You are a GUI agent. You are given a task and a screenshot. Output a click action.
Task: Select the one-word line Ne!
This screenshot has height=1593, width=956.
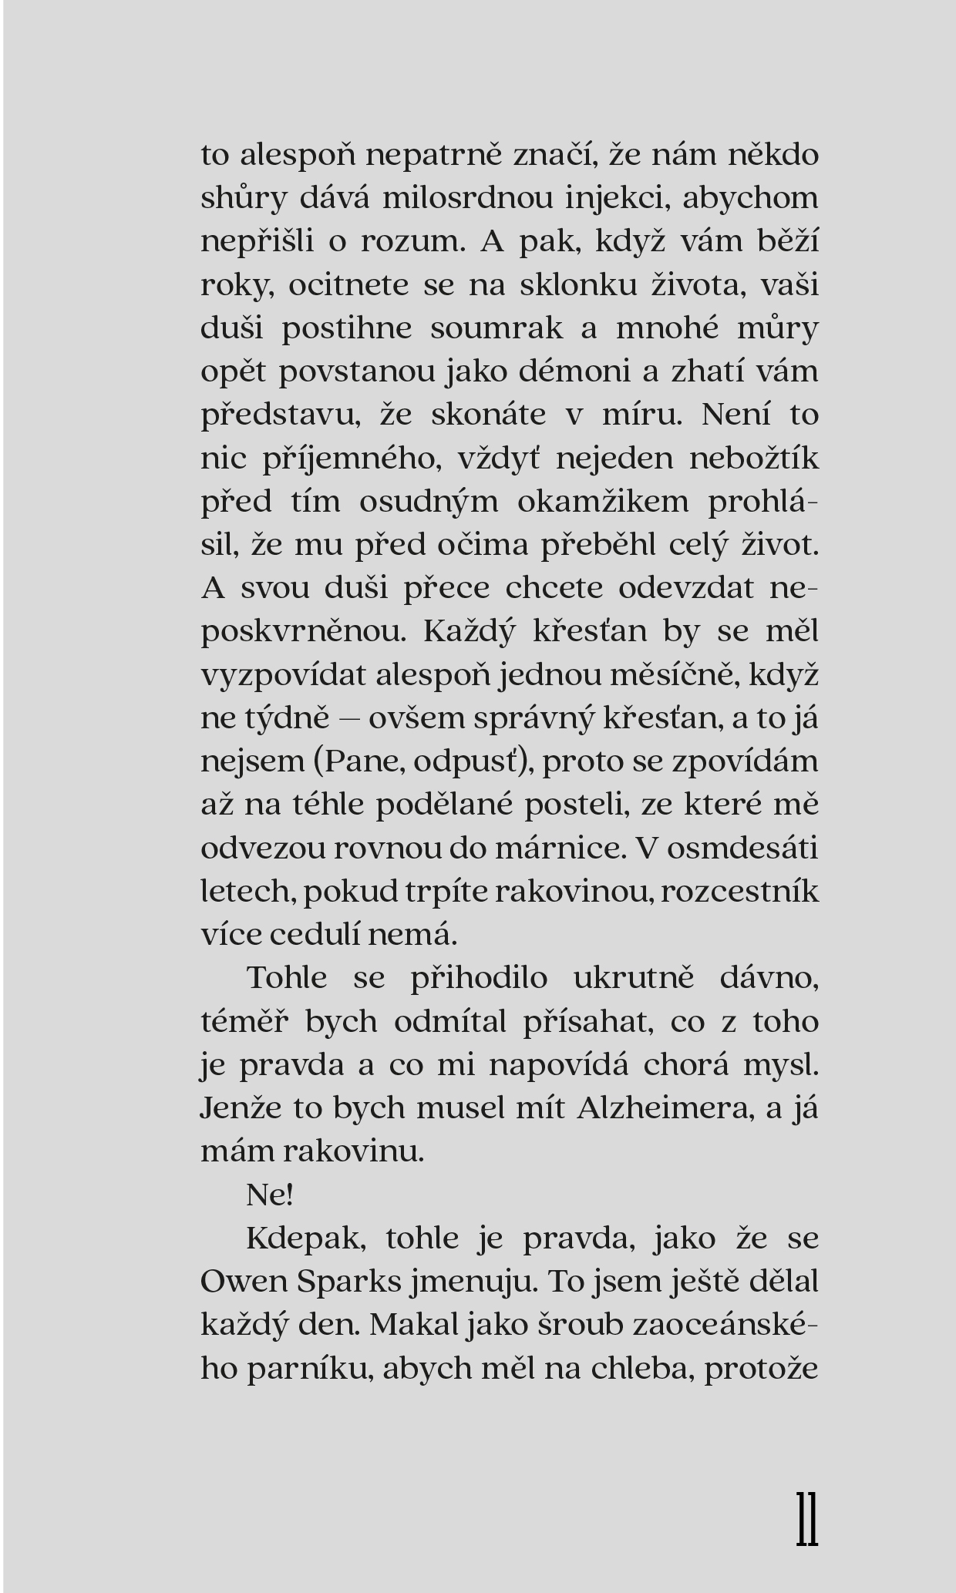pos(270,1195)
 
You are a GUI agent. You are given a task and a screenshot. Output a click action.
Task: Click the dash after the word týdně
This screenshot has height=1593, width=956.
pos(349,719)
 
